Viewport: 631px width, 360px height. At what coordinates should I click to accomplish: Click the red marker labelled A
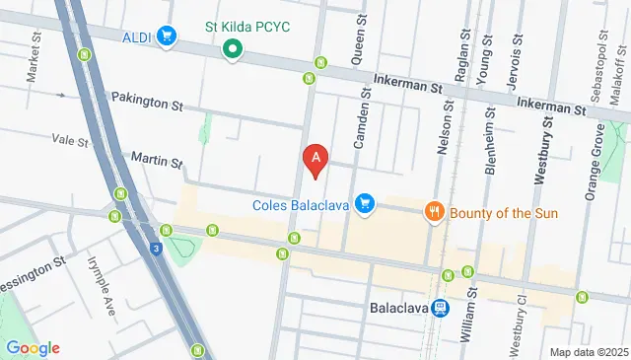click(315, 158)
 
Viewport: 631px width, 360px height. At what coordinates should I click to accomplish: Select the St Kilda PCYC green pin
click(233, 48)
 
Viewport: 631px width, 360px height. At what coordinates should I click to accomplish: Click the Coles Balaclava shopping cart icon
click(366, 204)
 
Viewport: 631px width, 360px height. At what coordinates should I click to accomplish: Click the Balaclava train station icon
click(441, 308)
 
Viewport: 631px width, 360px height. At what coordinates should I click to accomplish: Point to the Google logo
click(33, 347)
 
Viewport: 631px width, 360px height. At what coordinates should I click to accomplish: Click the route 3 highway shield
click(157, 251)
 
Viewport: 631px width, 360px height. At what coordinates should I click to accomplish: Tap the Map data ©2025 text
click(589, 352)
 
